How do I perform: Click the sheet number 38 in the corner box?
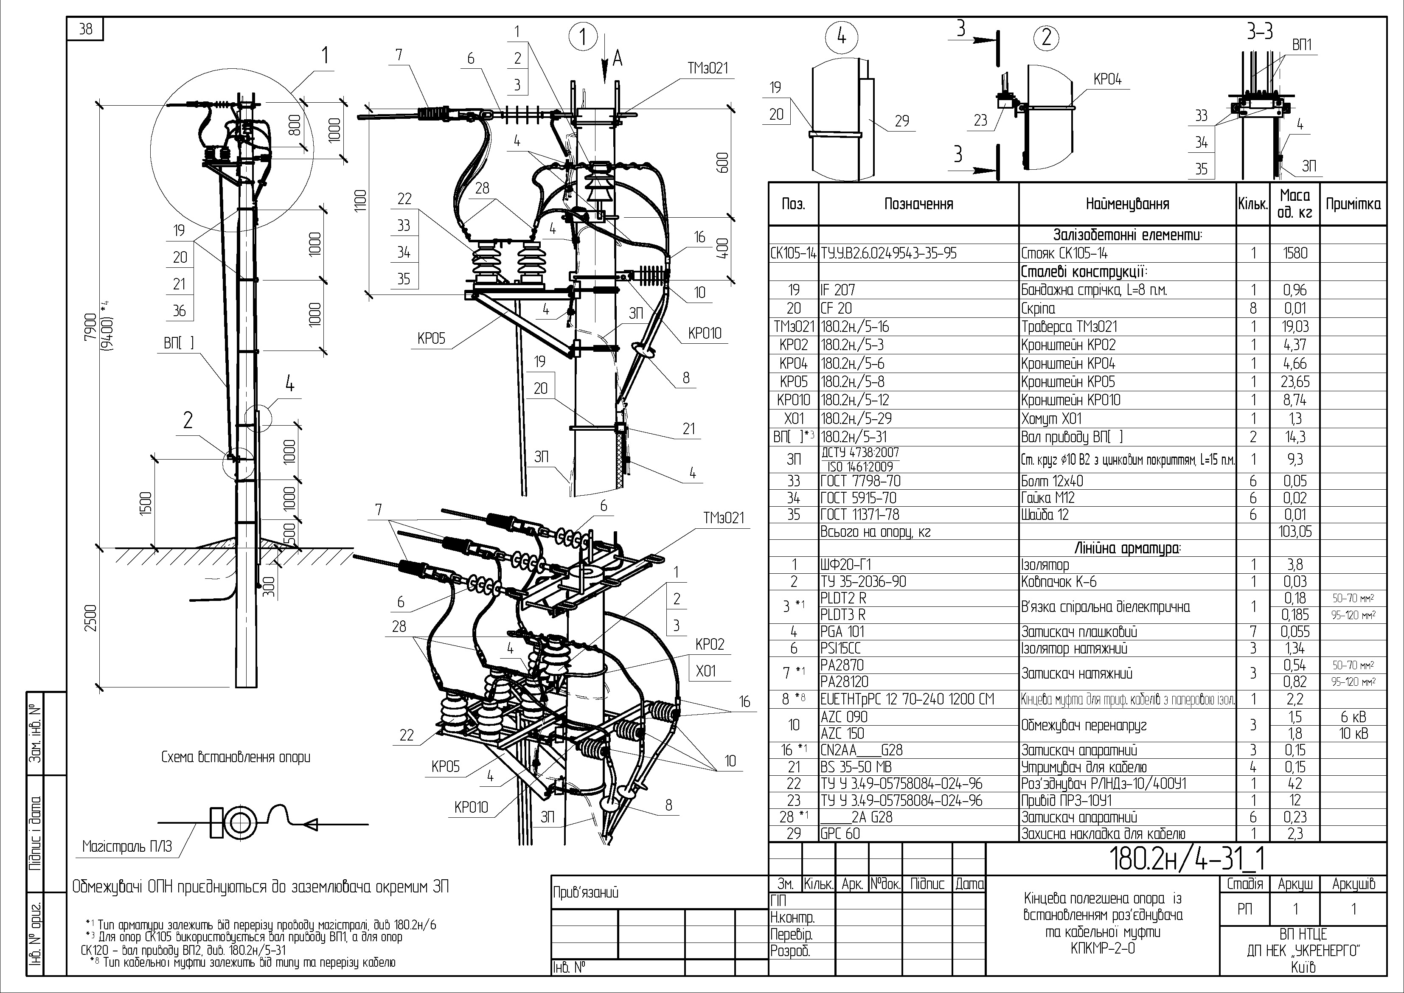point(86,29)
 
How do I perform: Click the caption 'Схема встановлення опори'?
point(236,757)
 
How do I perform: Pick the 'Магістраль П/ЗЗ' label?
point(127,846)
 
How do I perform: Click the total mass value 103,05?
point(1295,531)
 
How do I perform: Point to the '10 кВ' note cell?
point(1353,733)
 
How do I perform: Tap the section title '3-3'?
point(1260,31)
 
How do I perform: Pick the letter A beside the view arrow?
point(618,59)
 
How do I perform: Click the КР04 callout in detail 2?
point(1107,79)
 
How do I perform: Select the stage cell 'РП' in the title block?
point(1244,909)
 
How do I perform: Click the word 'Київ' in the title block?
point(1303,967)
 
